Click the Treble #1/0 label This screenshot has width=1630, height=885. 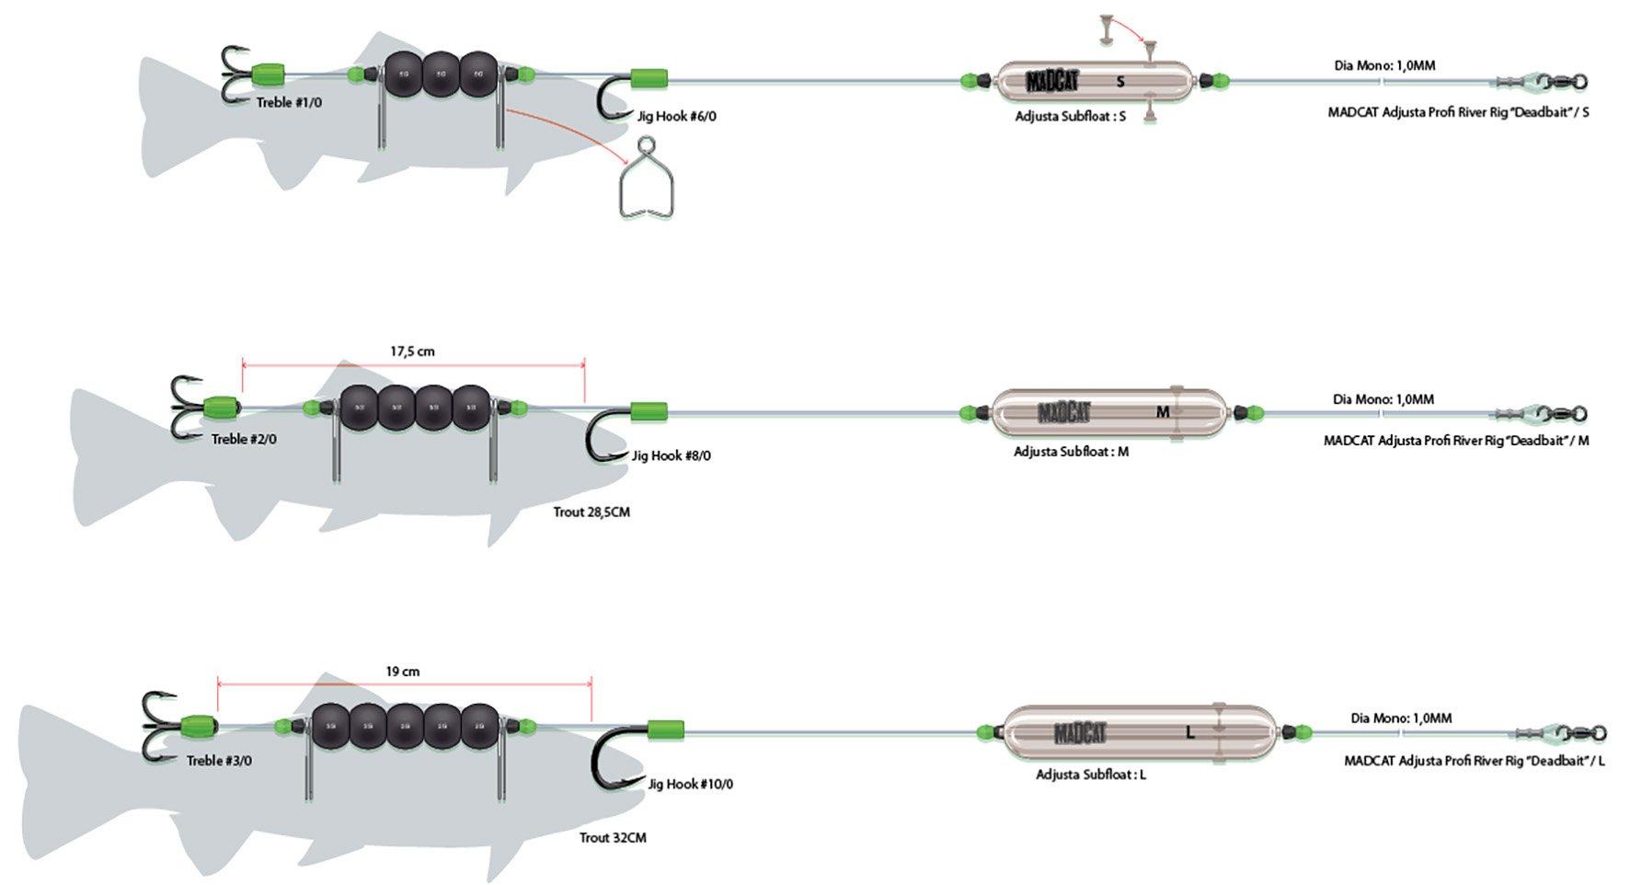click(x=289, y=102)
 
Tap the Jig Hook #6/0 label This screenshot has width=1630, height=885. click(x=676, y=117)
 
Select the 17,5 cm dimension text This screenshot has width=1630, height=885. click(x=412, y=351)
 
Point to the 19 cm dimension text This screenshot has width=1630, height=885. click(x=403, y=672)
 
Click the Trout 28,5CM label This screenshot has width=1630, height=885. click(x=591, y=511)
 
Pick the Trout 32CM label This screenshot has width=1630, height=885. click(x=613, y=837)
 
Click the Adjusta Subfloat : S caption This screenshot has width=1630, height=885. click(x=1070, y=117)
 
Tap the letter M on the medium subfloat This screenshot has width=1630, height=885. click(x=1163, y=412)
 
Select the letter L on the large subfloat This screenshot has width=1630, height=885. click(x=1190, y=733)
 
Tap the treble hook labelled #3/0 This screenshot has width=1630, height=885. click(x=157, y=727)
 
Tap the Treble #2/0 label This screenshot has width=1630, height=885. click(x=244, y=439)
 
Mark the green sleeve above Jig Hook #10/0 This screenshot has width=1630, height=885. click(x=665, y=730)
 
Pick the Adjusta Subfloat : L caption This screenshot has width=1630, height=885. click(x=1091, y=775)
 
